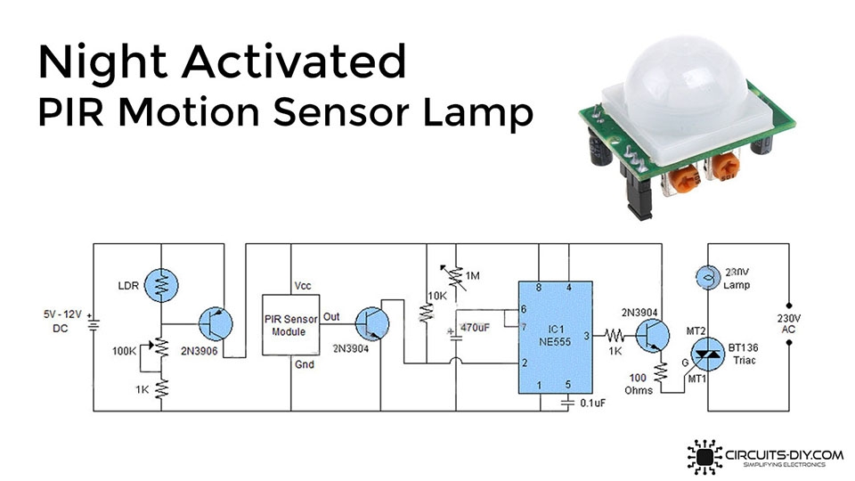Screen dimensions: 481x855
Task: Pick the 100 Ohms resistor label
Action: click(x=639, y=383)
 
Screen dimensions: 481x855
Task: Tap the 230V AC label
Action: click(x=790, y=323)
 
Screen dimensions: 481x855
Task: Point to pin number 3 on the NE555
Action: click(x=585, y=336)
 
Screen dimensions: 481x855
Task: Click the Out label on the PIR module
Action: click(x=331, y=316)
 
